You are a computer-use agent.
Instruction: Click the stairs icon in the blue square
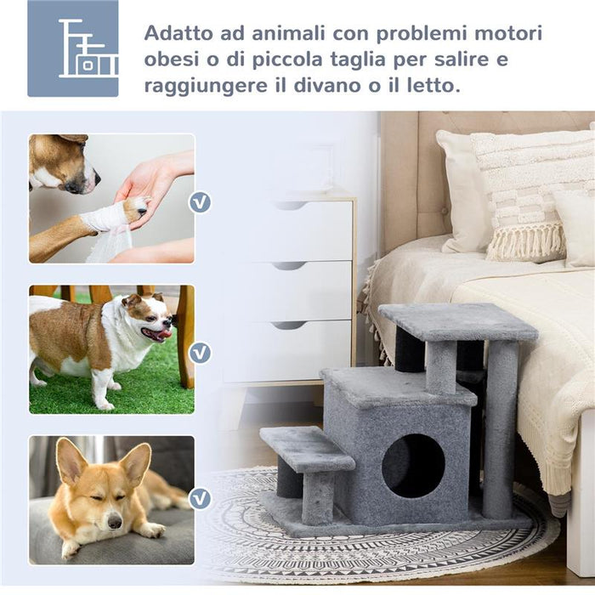coord(73,48)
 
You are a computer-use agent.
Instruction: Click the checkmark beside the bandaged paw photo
coord(200,202)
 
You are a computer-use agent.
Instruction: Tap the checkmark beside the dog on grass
coord(200,351)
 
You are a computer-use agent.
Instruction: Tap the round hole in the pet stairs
coord(413,465)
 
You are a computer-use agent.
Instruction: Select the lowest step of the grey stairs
coord(307,449)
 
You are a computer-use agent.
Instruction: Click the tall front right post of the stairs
coord(499,429)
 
